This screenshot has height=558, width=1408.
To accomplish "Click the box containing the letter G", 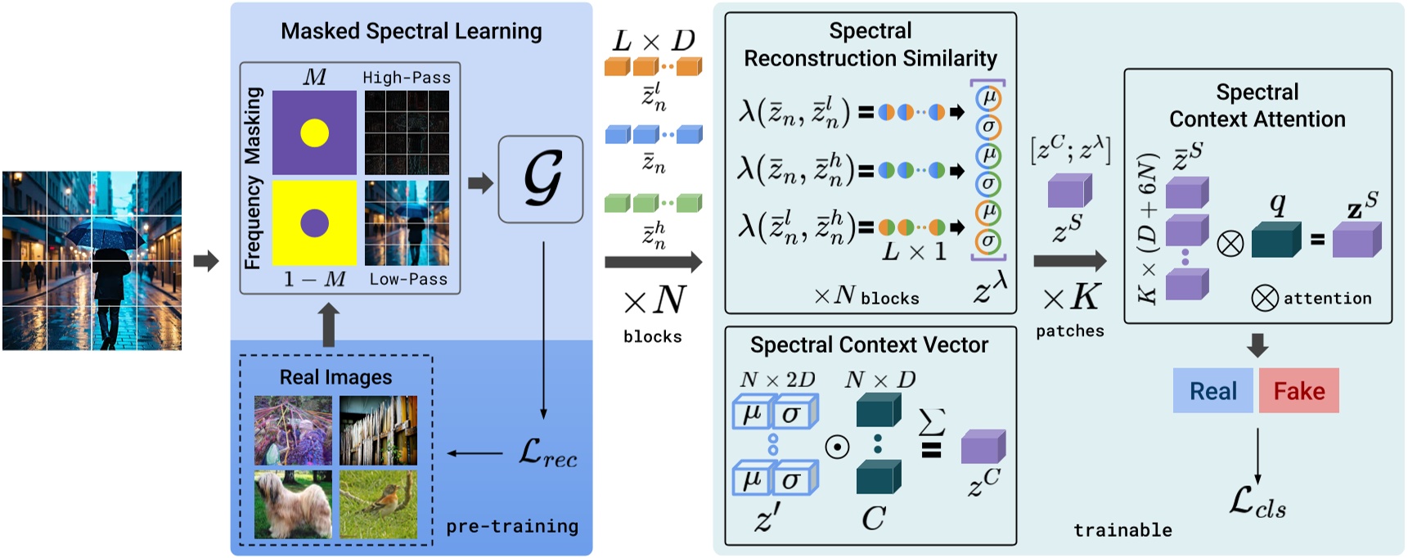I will [x=540, y=179].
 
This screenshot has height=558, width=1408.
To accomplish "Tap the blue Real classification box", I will [x=1212, y=391].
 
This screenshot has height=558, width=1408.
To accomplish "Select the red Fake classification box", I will [x=1298, y=391].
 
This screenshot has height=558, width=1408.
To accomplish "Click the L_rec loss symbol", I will [x=547, y=452].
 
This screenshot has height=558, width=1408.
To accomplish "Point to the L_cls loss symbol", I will [x=1257, y=502].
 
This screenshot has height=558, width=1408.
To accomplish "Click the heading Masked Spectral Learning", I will [x=411, y=31].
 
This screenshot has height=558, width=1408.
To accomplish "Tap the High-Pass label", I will [x=407, y=78].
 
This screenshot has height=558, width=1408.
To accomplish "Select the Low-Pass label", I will [x=408, y=279].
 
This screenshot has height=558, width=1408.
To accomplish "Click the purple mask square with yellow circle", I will [x=314, y=133].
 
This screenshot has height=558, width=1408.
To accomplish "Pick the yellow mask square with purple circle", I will [x=314, y=222].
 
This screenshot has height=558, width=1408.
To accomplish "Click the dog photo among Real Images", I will [x=293, y=503].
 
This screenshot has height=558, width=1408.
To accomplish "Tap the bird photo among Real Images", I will [x=378, y=503].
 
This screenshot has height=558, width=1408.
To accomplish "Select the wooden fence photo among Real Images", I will [x=378, y=430].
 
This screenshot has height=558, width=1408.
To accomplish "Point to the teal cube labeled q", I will [x=1275, y=239].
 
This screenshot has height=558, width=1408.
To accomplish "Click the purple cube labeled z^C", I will [x=983, y=447].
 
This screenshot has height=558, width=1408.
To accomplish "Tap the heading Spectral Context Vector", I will [x=869, y=345].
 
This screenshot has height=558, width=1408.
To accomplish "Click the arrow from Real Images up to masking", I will [x=329, y=324].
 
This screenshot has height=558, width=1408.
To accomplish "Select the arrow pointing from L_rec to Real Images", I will [x=475, y=453].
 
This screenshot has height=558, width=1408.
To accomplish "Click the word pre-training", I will [x=512, y=526].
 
